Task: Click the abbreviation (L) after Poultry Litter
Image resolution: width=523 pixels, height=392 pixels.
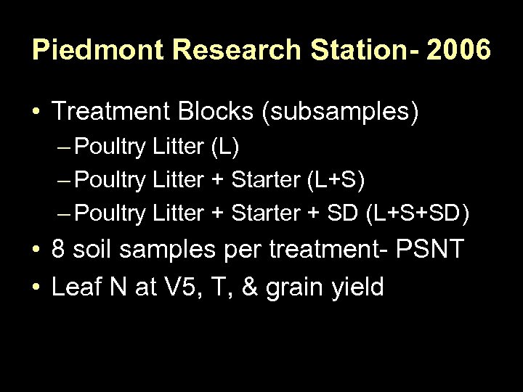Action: click(x=224, y=148)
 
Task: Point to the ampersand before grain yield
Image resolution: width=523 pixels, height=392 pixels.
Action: click(x=252, y=287)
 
